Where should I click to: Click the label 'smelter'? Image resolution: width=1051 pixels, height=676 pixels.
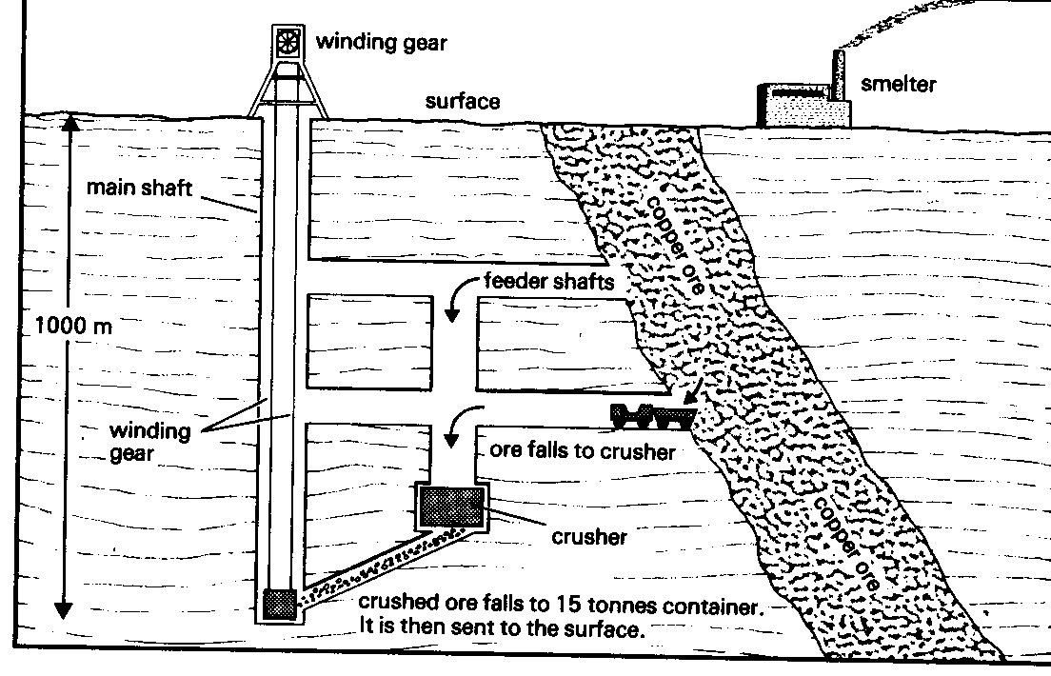tap(898, 84)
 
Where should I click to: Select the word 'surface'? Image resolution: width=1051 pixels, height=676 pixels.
tap(463, 101)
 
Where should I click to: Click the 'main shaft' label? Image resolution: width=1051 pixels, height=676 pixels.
tap(139, 188)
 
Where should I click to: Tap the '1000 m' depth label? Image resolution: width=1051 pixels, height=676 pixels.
tap(73, 326)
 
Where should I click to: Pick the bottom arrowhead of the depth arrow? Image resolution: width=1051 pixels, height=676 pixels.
tap(64, 609)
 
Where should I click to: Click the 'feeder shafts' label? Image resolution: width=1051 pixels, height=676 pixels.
tap(549, 280)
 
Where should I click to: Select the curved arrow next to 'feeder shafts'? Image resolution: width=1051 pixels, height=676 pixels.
tap(464, 294)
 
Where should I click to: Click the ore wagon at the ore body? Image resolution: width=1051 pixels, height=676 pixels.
tap(651, 415)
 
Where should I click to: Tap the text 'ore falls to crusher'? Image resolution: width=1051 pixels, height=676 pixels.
tap(583, 450)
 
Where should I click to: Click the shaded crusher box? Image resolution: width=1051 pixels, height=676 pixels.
tap(452, 507)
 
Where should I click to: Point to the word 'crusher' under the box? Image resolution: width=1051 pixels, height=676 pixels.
tap(589, 536)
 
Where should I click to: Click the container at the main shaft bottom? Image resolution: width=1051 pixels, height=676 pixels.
tap(279, 603)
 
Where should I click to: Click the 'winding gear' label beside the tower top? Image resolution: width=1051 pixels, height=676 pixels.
tap(382, 42)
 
